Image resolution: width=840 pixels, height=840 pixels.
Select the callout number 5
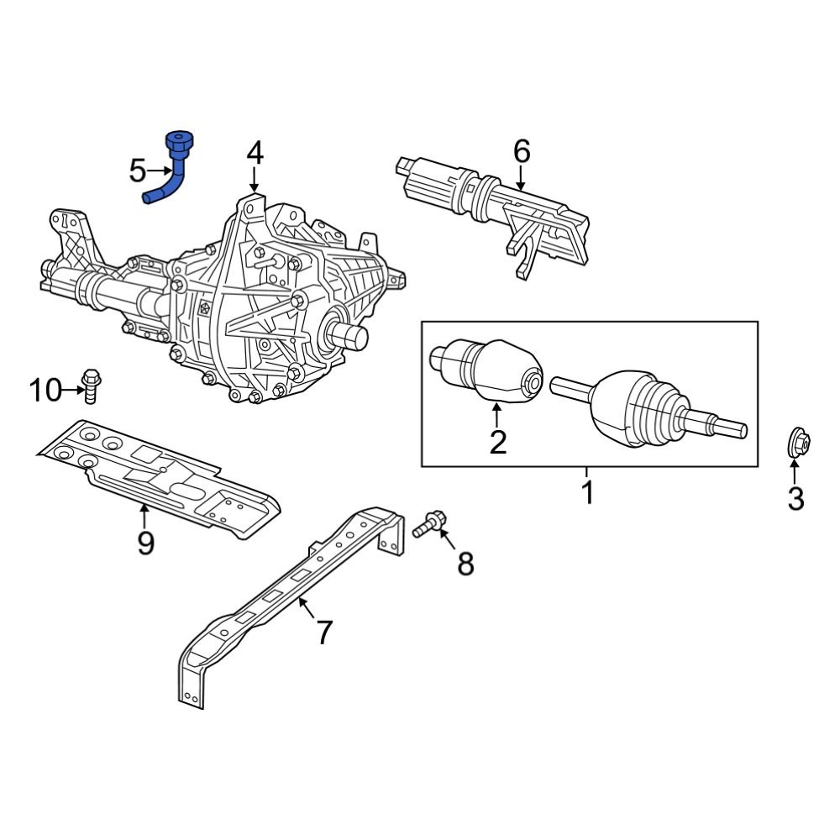pyautogui.click(x=138, y=171)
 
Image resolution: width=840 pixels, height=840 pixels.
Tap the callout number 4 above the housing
pyautogui.click(x=255, y=154)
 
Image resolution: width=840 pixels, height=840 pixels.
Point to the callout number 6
pyautogui.click(x=522, y=152)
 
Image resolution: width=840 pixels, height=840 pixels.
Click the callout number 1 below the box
pyautogui.click(x=588, y=492)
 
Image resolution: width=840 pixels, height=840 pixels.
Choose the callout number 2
pyautogui.click(x=498, y=442)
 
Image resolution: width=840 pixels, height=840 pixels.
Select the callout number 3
pyautogui.click(x=795, y=499)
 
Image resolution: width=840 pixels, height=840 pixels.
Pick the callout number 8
pyautogui.click(x=465, y=564)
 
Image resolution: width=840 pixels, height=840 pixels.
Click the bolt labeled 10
pyautogui.click(x=91, y=385)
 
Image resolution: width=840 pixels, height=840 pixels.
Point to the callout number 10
pyautogui.click(x=46, y=391)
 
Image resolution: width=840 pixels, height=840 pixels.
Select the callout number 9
pyautogui.click(x=145, y=543)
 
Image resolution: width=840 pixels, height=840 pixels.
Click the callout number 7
pyautogui.click(x=324, y=632)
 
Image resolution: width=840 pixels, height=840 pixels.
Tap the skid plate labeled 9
pyautogui.click(x=160, y=475)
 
